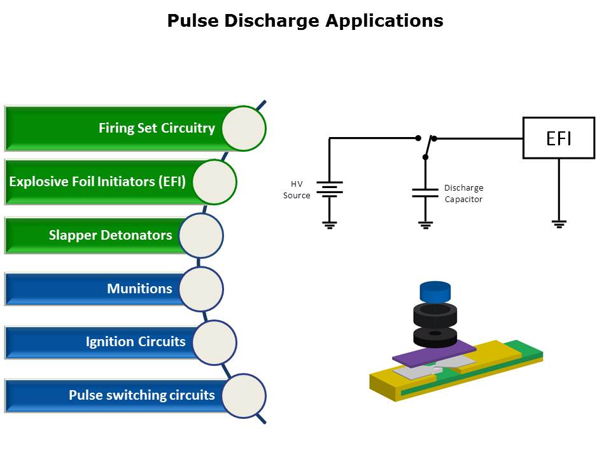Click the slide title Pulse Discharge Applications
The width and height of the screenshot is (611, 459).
(x=305, y=20)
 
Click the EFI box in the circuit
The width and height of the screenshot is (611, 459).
(x=558, y=138)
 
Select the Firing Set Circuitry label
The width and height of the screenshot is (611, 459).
(x=157, y=128)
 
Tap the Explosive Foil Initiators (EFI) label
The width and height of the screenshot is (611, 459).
(x=97, y=182)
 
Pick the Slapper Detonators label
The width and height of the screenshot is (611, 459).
(x=110, y=235)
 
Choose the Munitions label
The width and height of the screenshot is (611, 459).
(x=139, y=289)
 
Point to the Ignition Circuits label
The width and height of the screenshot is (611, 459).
(x=136, y=342)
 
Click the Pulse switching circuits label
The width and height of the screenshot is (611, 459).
(x=142, y=395)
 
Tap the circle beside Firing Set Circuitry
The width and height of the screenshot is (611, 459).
(x=244, y=128)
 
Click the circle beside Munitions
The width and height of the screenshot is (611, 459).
(x=201, y=289)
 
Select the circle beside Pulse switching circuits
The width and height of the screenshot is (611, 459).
(x=244, y=396)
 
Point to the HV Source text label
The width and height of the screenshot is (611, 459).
(x=296, y=189)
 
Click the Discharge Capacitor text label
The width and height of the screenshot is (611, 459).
(x=463, y=193)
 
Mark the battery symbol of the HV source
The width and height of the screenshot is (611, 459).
(x=329, y=189)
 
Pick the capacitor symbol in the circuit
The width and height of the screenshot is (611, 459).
(x=425, y=192)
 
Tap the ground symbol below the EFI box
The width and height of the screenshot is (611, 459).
(x=559, y=223)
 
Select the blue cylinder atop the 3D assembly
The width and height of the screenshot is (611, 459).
(x=435, y=292)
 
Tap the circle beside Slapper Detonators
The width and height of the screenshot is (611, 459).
(x=201, y=235)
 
